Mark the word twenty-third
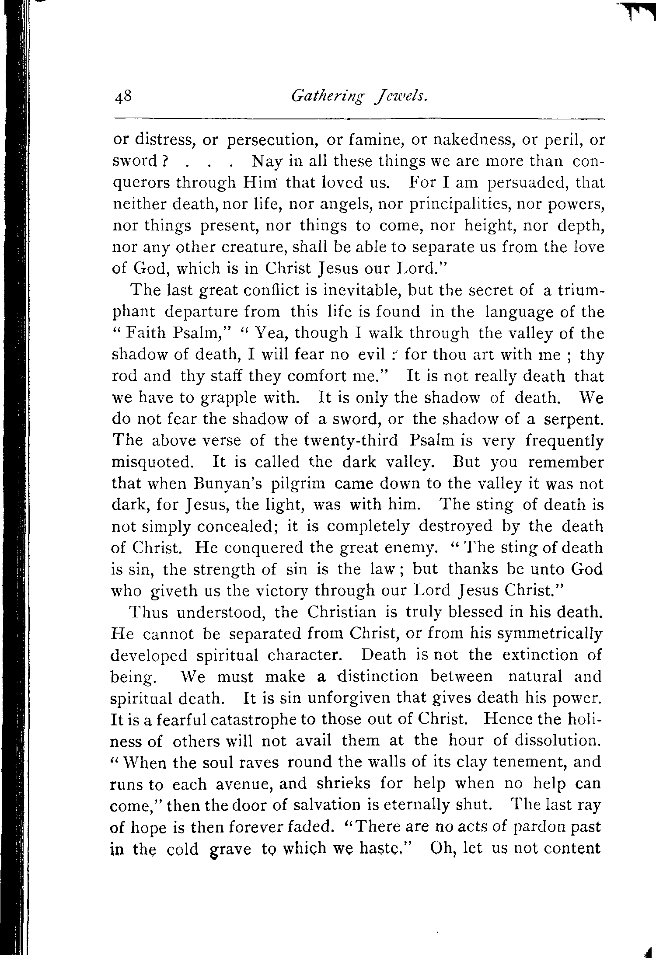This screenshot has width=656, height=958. pos(336,441)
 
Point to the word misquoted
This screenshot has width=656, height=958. pos(152,462)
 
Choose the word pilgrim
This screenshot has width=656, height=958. pos(298,484)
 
